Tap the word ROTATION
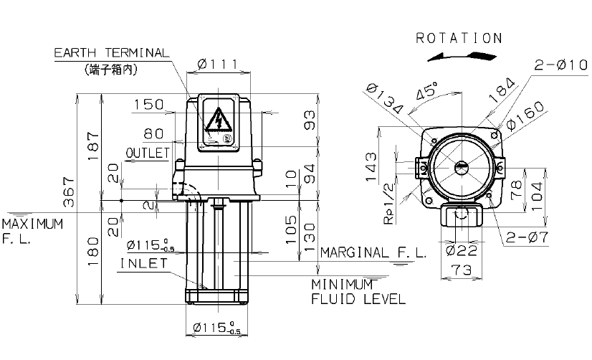(459, 38)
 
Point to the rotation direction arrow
(462, 57)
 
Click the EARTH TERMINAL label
(111, 52)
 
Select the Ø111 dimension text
(218, 65)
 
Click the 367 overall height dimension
(69, 191)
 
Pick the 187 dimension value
(93, 146)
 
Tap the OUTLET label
(148, 153)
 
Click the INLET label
(144, 263)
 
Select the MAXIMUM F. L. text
(32, 232)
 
